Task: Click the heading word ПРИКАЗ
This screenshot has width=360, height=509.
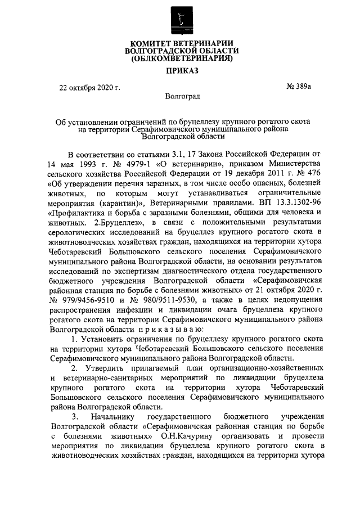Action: coord(181,71)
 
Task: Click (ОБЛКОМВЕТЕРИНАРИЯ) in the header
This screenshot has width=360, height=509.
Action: coord(181,58)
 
